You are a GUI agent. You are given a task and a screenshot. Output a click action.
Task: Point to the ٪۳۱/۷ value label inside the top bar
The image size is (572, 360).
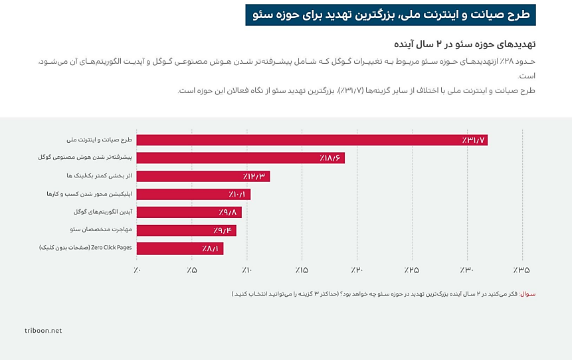(x=474, y=140)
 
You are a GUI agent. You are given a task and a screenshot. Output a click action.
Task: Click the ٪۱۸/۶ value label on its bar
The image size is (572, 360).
(x=330, y=158)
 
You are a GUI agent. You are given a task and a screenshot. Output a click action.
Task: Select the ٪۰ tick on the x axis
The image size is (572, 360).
(x=136, y=270)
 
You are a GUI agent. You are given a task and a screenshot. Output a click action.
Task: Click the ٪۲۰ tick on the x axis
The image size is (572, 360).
(x=357, y=270)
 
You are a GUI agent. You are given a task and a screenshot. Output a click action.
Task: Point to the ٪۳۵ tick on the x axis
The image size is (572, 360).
(x=522, y=270)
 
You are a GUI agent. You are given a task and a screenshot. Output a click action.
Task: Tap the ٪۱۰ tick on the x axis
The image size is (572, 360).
(x=246, y=270)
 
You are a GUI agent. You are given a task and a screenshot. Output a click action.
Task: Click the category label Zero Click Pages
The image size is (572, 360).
(x=97, y=248)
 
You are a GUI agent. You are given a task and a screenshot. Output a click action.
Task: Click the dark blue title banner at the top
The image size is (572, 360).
(x=390, y=15)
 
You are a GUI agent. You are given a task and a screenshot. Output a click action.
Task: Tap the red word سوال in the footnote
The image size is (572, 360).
(x=527, y=294)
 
